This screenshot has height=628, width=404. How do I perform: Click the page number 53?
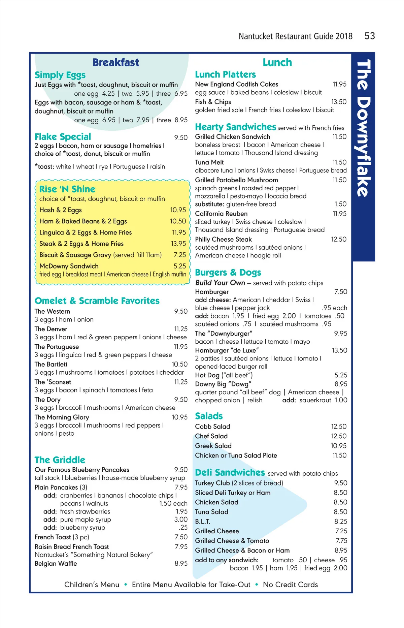point(369,36)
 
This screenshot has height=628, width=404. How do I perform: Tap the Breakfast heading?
point(115,62)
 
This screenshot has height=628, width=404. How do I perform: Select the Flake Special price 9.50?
point(181,137)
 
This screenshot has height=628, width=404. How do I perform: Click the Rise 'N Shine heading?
point(67,189)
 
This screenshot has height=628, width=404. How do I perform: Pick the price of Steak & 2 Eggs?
point(178,244)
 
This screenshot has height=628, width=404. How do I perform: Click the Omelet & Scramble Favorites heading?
point(97,301)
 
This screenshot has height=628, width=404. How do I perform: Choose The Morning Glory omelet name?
point(62,417)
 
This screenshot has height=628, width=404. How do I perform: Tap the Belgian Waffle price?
point(181,563)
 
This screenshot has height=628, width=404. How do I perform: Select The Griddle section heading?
point(60,460)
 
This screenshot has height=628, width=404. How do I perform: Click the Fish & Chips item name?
point(213,102)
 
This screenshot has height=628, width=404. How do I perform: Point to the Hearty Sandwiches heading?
point(235,127)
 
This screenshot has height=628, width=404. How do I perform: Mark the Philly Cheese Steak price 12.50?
point(339,239)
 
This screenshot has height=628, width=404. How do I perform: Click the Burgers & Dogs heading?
point(228,272)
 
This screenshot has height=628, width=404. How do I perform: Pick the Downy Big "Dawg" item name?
point(223,384)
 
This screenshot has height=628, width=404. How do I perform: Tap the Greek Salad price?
point(338,446)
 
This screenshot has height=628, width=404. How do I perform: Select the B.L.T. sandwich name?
point(203,522)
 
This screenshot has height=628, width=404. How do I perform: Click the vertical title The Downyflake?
point(364,128)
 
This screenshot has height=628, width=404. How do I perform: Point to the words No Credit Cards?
point(290,585)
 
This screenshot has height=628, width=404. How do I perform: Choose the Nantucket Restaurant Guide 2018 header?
point(295,36)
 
